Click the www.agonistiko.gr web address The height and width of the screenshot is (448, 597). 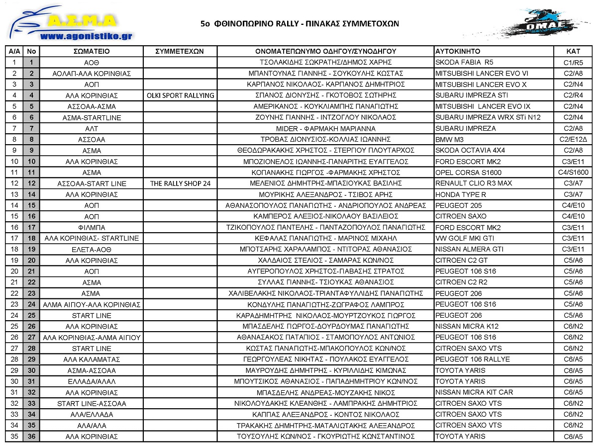click(x=86, y=36)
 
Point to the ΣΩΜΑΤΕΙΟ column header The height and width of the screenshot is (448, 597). click(x=91, y=51)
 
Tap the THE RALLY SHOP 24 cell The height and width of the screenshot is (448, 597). click(x=181, y=183)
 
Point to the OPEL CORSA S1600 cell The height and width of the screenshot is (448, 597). click(x=467, y=173)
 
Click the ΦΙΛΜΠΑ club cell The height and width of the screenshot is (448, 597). click(x=92, y=227)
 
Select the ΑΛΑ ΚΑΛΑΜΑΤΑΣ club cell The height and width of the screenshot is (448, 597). click(x=92, y=359)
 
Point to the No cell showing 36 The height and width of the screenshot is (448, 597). click(x=31, y=437)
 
